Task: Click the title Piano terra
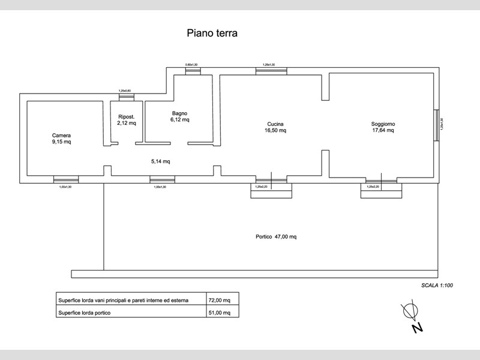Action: point(212,33)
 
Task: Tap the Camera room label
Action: point(61,136)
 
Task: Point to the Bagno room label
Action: point(179,113)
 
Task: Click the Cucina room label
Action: point(275,124)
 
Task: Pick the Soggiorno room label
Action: point(383,124)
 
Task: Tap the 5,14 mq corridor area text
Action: point(160,161)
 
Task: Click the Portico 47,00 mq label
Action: point(276,236)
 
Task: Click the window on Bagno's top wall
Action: point(192,70)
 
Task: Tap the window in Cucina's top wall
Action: point(271,71)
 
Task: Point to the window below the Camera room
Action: point(66,179)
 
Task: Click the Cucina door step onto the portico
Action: point(271,190)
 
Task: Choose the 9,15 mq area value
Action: point(61,143)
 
